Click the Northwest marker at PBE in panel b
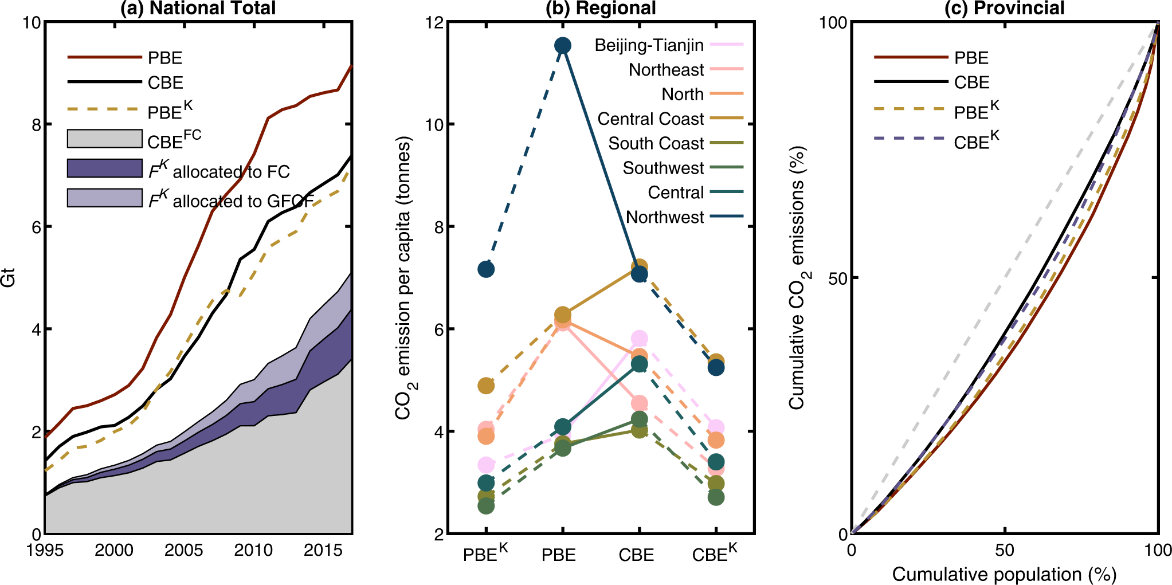pyautogui.click(x=563, y=45)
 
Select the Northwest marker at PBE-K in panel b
pyautogui.click(x=486, y=269)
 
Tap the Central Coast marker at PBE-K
pyautogui.click(x=486, y=386)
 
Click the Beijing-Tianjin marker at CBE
pyautogui.click(x=640, y=338)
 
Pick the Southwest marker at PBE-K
pyautogui.click(x=486, y=506)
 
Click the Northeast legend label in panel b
pyautogui.click(x=666, y=70)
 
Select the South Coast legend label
pyautogui.click(x=656, y=143)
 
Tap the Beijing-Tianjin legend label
pyautogui.click(x=649, y=45)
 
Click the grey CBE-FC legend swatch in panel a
pyautogui.click(x=105, y=139)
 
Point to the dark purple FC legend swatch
pyautogui.click(x=105, y=168)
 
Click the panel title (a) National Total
pyautogui.click(x=198, y=9)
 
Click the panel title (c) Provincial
pyautogui.click(x=1004, y=9)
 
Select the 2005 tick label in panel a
pyautogui.click(x=183, y=551)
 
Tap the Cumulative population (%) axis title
pyautogui.click(x=1004, y=574)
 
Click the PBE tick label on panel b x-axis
pyautogui.click(x=559, y=555)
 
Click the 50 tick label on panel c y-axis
pyautogui.click(x=837, y=278)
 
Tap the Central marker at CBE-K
pyautogui.click(x=715, y=462)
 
